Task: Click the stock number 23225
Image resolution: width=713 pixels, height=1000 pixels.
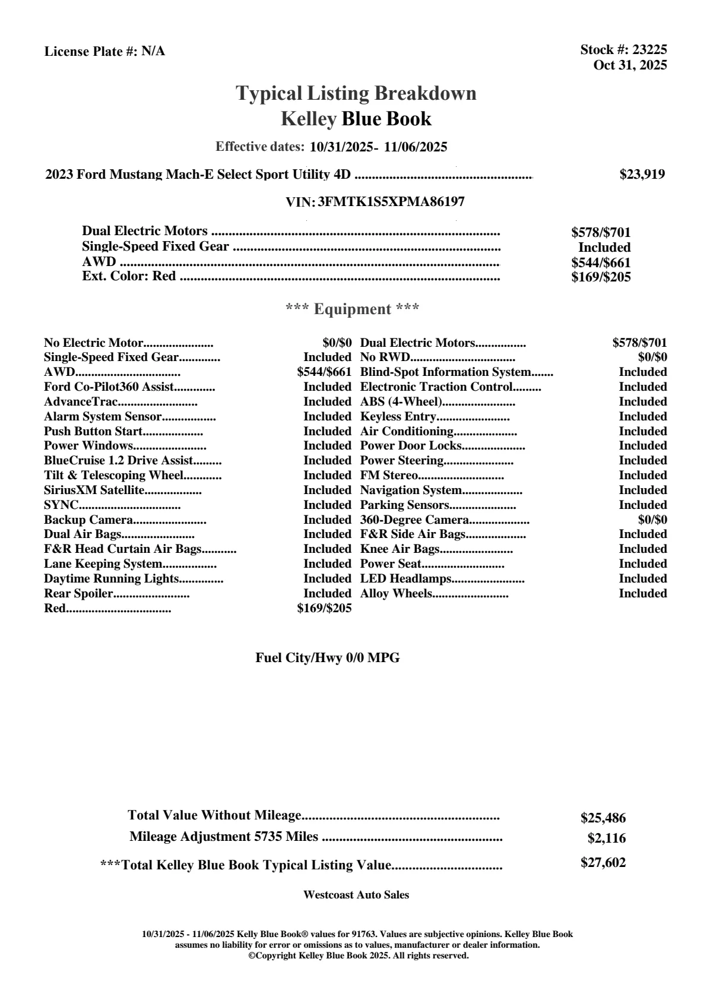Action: [x=649, y=50]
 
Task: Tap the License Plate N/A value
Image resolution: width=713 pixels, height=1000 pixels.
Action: [x=153, y=52]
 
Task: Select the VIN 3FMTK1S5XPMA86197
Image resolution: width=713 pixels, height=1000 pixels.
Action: [x=391, y=202]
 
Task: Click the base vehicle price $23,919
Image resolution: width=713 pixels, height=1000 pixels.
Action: [x=642, y=175]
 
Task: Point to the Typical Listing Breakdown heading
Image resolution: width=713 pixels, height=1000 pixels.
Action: [x=356, y=93]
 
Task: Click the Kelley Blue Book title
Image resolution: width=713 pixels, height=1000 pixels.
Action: [x=356, y=119]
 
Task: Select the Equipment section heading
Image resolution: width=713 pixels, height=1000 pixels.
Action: [x=353, y=309]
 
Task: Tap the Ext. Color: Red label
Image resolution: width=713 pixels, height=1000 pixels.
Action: [x=129, y=276]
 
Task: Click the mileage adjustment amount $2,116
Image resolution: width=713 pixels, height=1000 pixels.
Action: [x=607, y=838]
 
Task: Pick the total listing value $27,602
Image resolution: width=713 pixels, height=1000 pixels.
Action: [x=603, y=863]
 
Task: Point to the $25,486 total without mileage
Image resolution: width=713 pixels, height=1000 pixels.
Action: [x=603, y=818]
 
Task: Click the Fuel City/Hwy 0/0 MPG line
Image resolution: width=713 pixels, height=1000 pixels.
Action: [x=328, y=658]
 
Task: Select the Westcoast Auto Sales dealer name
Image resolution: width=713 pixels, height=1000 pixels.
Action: [x=356, y=895]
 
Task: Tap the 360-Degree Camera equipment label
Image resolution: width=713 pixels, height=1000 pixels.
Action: [x=414, y=520]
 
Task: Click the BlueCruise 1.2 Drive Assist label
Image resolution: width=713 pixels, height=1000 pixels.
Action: [x=119, y=461]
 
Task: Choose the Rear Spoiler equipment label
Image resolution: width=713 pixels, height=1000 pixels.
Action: [x=78, y=594]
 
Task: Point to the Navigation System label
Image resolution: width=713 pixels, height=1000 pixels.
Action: [x=411, y=490]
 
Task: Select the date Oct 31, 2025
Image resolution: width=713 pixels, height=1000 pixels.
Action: [x=630, y=65]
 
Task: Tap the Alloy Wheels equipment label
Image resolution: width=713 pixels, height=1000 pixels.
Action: [x=396, y=594]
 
